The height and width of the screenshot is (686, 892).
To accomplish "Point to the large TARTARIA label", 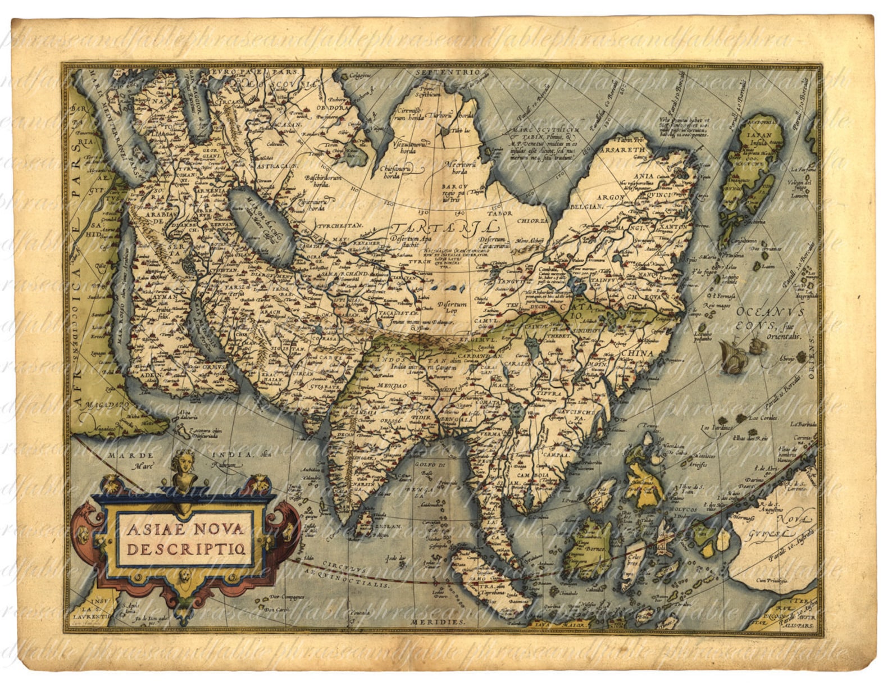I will click(444, 228).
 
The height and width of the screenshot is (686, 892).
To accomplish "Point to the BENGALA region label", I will click(460, 420).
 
